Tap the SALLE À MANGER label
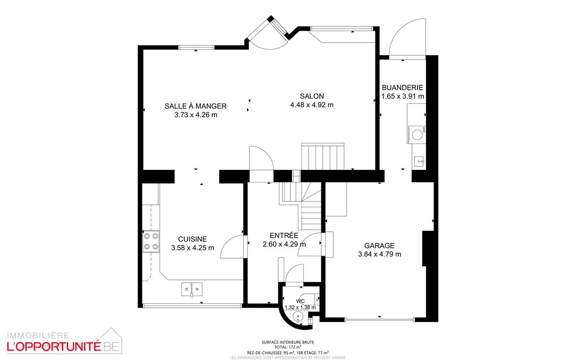195,106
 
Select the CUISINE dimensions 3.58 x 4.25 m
192,248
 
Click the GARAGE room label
379,245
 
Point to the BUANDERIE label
402,87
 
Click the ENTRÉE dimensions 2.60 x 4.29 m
284,244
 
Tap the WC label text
301,301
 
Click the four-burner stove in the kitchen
151,241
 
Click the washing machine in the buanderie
416,134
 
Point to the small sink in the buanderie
418,161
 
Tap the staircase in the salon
323,156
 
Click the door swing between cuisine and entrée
234,246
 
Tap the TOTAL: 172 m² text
288,347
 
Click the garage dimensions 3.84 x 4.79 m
379,254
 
